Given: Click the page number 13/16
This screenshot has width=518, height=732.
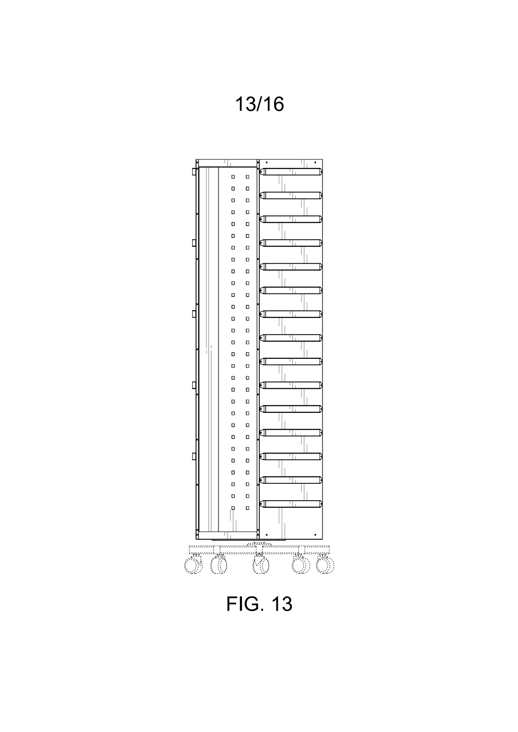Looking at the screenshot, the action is click(259, 104).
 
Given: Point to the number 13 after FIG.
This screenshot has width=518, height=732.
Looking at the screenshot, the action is click(282, 604).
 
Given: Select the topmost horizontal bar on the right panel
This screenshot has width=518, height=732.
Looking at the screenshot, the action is click(291, 172).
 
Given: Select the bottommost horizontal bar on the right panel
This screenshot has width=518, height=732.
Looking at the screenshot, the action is click(291, 504).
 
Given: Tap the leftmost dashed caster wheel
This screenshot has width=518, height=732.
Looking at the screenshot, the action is click(193, 565).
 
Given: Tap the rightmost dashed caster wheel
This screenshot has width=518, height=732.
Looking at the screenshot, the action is click(325, 565).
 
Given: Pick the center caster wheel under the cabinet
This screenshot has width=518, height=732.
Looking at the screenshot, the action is click(261, 565).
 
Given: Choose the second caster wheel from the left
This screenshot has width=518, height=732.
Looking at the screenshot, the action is click(219, 565).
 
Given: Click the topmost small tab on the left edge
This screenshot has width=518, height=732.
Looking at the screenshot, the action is click(194, 172).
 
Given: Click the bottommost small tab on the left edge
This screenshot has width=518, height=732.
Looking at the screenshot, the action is click(194, 456).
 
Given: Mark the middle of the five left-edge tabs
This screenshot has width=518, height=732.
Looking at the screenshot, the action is click(194, 314).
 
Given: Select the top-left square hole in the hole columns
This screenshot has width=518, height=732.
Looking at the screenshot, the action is click(233, 177).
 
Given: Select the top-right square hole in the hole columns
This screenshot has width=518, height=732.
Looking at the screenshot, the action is click(247, 177).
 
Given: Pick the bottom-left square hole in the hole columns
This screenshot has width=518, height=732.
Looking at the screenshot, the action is click(233, 508).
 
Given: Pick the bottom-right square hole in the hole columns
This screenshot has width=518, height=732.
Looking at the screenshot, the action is click(247, 508).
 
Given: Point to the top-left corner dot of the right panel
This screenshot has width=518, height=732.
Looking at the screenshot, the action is click(267, 163).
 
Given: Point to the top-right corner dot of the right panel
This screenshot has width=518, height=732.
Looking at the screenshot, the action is click(315, 163).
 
